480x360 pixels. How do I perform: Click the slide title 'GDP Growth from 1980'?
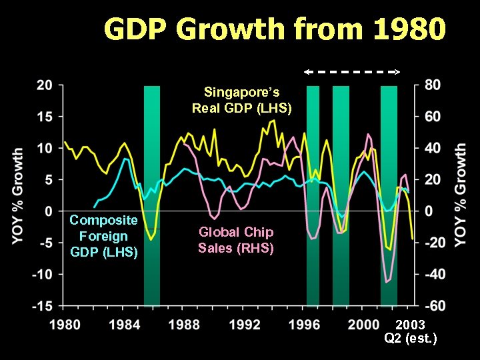click(x=275, y=29)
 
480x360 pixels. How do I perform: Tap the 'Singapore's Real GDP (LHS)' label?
click(x=241, y=100)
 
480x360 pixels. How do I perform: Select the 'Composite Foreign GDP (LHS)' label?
click(x=103, y=236)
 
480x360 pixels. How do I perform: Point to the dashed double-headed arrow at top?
click(x=352, y=71)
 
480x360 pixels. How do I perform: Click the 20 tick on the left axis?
click(x=45, y=85)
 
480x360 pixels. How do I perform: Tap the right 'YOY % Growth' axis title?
click(x=461, y=196)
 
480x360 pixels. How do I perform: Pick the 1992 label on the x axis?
click(x=245, y=325)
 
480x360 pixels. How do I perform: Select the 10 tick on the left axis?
click(x=45, y=148)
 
